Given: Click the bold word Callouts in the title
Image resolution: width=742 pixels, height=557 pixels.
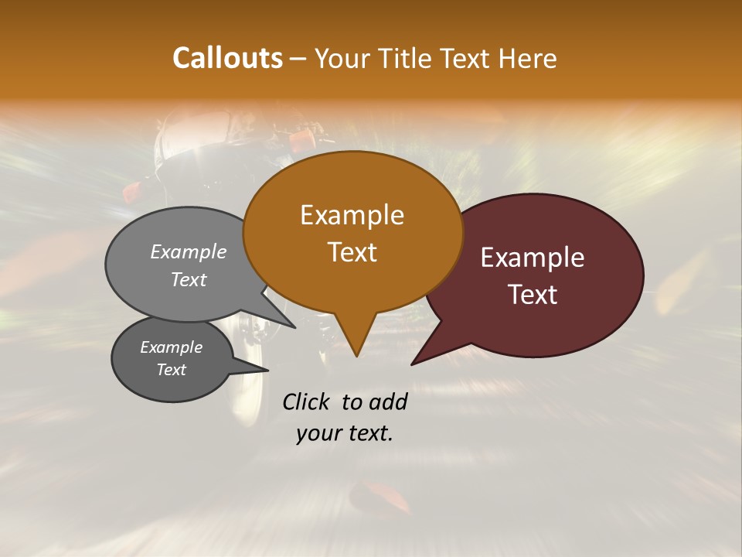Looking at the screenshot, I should tap(227, 59).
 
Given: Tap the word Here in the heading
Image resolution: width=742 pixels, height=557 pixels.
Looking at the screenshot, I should tap(528, 59).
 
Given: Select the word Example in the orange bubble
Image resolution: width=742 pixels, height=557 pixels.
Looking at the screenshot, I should tap(352, 215).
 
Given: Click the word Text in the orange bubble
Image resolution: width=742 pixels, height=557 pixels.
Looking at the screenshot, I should tap(352, 252).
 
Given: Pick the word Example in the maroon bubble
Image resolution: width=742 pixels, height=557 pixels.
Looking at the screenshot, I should tap(533, 258).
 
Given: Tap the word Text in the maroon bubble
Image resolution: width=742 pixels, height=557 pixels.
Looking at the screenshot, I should tap(533, 295).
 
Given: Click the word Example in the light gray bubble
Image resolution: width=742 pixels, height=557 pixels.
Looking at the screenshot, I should tap(189, 252).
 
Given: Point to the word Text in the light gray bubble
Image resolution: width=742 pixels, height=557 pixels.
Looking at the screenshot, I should tap(189, 279).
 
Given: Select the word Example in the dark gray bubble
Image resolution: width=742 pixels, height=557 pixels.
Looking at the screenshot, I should tap(171, 347).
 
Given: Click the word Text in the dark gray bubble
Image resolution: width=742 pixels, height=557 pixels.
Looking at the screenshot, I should tap(171, 370).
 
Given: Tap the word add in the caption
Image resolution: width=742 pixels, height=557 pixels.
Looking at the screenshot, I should tap(388, 402).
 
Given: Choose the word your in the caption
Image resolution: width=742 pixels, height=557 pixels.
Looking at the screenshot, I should tap(316, 433).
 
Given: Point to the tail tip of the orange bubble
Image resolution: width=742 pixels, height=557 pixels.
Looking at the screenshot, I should tap(356, 356).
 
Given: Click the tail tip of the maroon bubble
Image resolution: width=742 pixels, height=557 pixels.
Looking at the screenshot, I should tap(412, 364).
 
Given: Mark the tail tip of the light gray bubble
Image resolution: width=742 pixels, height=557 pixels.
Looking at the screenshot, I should tap(294, 327).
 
